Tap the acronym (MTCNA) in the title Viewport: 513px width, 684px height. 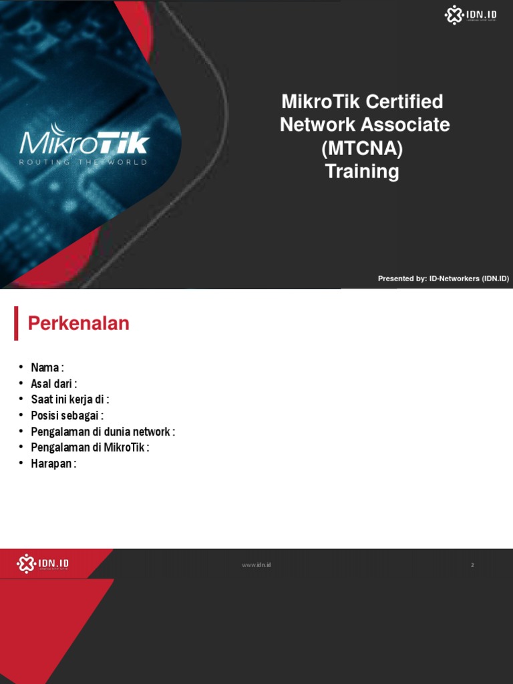(362, 148)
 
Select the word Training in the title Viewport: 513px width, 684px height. (362, 172)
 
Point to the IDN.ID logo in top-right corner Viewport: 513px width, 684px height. (471, 15)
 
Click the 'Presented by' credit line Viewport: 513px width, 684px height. (443, 279)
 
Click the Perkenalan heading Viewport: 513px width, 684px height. (78, 324)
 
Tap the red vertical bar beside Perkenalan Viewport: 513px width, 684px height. (16, 324)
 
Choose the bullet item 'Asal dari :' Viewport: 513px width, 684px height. (54, 383)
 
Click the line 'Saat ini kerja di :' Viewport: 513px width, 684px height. (69, 399)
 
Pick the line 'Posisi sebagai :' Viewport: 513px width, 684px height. (67, 415)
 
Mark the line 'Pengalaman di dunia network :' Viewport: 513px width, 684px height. (103, 432)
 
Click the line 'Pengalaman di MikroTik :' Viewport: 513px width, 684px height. (90, 448)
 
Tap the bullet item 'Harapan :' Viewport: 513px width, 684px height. (53, 464)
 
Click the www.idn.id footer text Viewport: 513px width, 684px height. (256, 565)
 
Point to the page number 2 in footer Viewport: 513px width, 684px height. (472, 565)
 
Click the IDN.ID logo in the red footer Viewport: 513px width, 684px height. (43, 564)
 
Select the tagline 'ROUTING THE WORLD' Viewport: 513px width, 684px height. (83, 162)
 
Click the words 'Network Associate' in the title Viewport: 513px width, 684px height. (365, 125)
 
